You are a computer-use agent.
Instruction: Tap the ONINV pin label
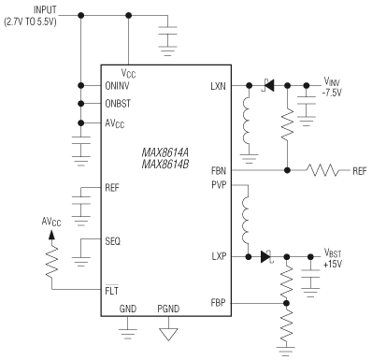118,86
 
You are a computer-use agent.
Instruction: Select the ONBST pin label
118,104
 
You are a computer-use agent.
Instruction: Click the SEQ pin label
113,240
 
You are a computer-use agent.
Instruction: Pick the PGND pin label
168,309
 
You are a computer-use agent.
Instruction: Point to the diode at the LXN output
268,86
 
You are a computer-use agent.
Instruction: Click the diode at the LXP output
267,254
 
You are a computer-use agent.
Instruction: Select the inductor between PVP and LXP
250,217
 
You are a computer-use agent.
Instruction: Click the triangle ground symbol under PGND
168,332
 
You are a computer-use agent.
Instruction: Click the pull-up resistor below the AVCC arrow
52,271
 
